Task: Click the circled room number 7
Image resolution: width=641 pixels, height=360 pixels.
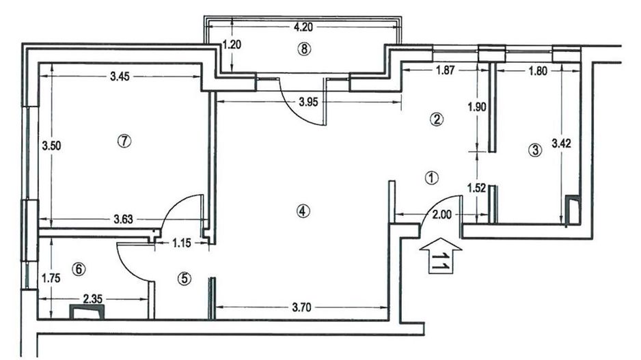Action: click(124, 140)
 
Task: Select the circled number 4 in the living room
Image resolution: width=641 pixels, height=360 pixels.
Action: click(303, 211)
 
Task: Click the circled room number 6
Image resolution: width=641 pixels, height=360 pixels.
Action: click(79, 269)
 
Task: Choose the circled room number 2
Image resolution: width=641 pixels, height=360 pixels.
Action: click(436, 120)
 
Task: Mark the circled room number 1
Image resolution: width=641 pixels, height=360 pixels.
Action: click(431, 177)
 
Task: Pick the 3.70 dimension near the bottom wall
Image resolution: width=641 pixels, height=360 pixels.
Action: click(303, 307)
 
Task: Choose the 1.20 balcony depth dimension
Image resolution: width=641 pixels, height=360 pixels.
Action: click(234, 46)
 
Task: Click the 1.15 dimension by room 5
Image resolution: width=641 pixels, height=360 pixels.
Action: click(181, 241)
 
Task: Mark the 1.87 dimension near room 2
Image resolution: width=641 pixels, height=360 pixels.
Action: click(440, 69)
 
